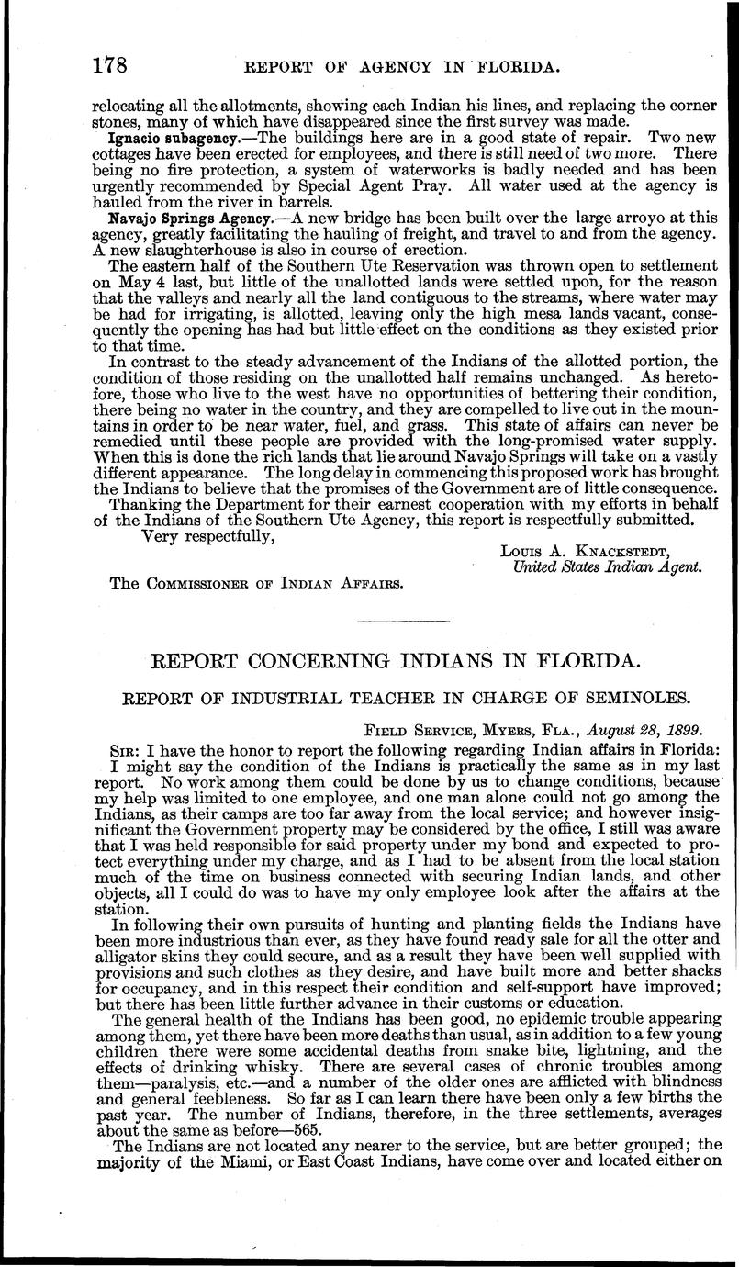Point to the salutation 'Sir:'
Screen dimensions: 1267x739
[x=124, y=750]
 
